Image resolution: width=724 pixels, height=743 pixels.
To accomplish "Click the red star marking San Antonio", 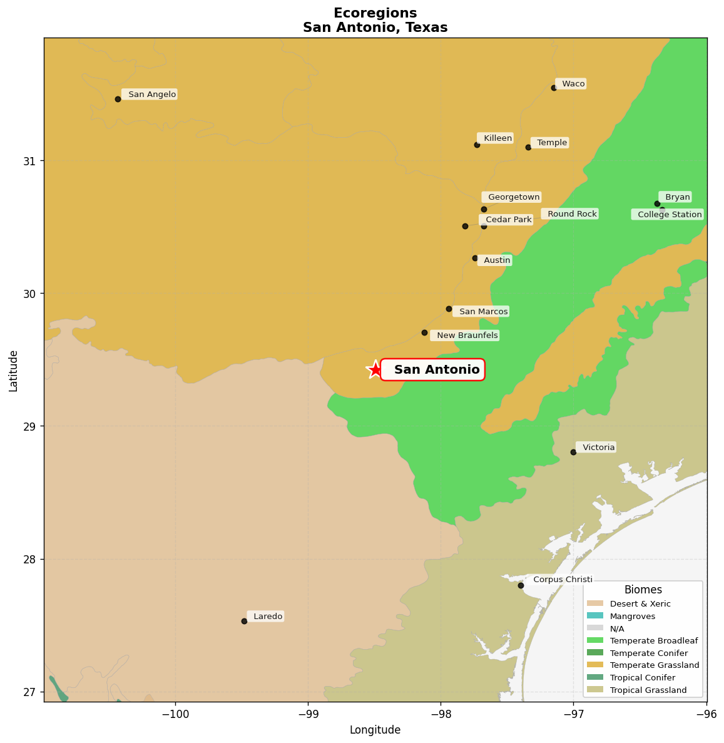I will point(375,369).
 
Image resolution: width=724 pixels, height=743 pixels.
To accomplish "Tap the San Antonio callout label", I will point(432,370).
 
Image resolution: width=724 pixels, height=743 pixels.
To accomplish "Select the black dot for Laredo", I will point(244,621).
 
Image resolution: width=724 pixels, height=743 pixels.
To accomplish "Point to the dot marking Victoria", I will point(573,452).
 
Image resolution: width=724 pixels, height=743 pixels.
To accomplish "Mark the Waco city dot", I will point(554,88).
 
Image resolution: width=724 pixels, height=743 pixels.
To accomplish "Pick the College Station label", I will point(669,215).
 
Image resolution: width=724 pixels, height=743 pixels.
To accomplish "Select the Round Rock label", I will point(571,214).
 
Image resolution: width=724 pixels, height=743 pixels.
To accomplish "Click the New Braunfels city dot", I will point(424,332).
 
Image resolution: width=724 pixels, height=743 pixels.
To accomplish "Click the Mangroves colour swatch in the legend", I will point(596,617).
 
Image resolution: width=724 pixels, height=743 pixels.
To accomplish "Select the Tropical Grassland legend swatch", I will point(596,690).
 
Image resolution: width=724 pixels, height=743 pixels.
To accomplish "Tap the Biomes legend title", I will point(643,590).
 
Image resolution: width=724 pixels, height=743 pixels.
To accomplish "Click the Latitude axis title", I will point(13,371).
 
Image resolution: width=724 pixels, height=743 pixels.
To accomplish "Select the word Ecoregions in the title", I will point(375,13).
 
